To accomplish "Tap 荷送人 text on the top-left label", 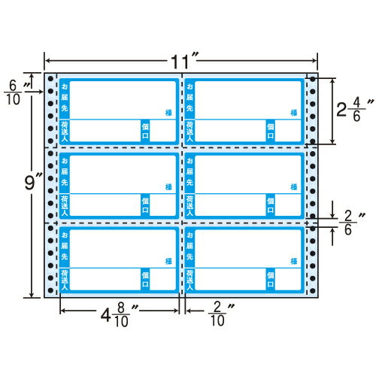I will [x=65, y=131].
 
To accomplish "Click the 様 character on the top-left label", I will [x=166, y=112].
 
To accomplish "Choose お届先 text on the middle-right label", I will [x=190, y=174].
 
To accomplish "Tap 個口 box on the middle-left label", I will [x=145, y=205].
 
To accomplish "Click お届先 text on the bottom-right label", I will [x=190, y=247].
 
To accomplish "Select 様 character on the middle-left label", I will [x=166, y=186].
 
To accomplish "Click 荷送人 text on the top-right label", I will [x=190, y=131].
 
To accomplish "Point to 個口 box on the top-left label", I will [x=145, y=130].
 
